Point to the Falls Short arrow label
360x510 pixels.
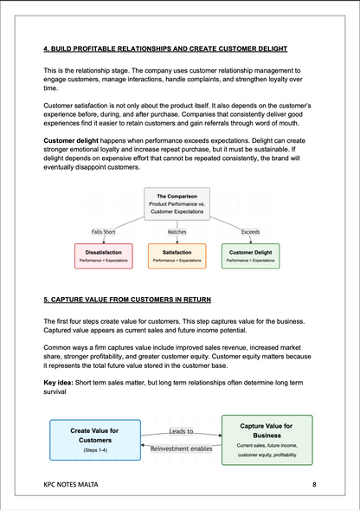click(x=105, y=231)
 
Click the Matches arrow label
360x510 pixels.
click(x=177, y=231)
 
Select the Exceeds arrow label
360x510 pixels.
click(x=249, y=231)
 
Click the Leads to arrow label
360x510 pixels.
click(x=181, y=429)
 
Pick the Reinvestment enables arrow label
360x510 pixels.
click(x=181, y=448)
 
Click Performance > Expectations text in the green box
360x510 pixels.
click(x=250, y=260)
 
